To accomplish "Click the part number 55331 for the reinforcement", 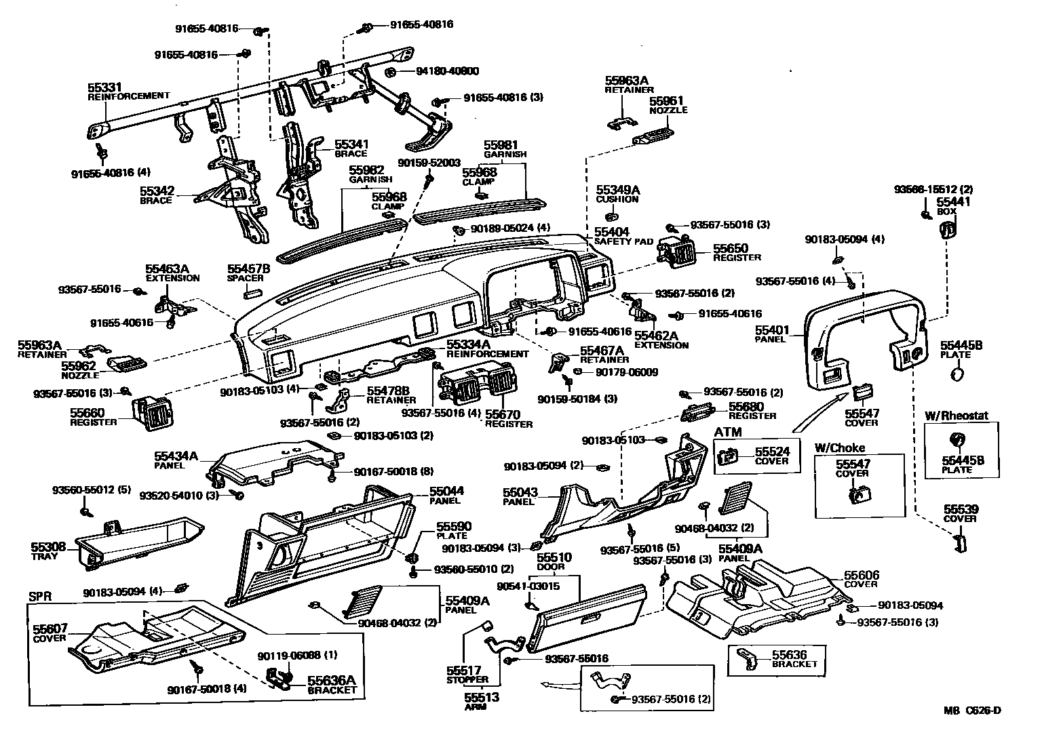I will tap(104, 87).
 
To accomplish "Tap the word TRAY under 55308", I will tap(44, 556).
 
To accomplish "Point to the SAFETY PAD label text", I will tap(623, 241).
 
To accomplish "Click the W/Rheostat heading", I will tap(957, 416).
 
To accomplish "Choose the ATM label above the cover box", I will tap(728, 432).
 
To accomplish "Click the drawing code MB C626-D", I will tap(972, 711).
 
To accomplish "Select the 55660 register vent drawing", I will tap(154, 414).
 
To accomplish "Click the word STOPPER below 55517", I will tap(467, 679).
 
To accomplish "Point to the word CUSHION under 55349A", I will tap(617, 199).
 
